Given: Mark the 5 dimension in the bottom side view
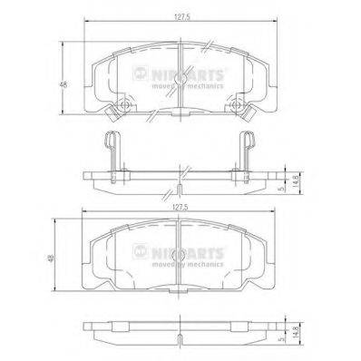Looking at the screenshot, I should pyautogui.click(x=282, y=339).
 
